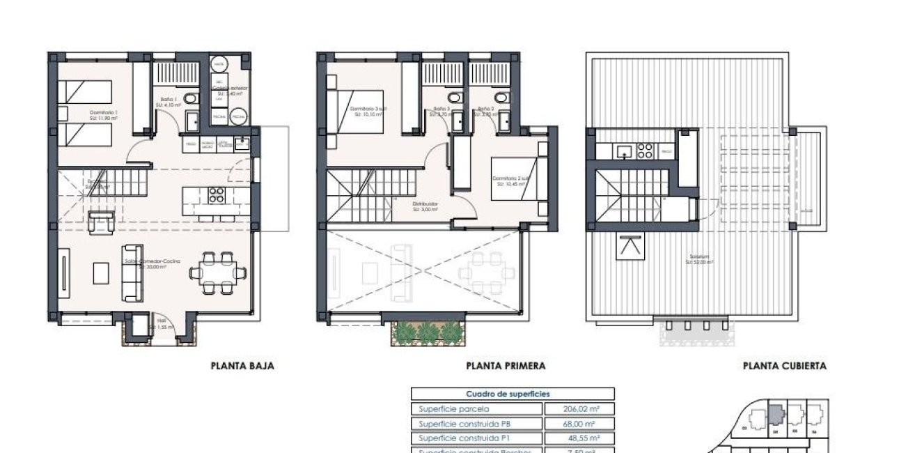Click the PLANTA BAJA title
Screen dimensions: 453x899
(x=242, y=365)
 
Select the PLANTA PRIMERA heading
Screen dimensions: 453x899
(x=506, y=365)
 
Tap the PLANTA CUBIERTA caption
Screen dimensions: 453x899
(x=784, y=365)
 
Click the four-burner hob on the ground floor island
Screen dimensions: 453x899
(x=217, y=194)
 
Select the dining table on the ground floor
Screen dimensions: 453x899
(x=218, y=272)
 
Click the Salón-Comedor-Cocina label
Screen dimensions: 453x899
(x=152, y=263)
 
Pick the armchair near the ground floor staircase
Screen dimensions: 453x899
(x=102, y=222)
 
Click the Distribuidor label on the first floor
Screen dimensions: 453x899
(x=425, y=206)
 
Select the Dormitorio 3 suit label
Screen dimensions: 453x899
(x=369, y=111)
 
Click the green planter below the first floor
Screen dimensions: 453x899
(x=428, y=333)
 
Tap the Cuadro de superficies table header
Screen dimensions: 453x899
(x=513, y=394)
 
